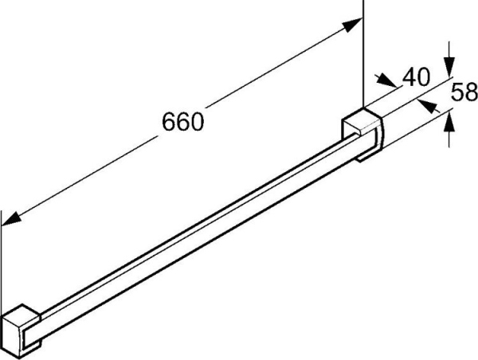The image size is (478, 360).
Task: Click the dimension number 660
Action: click(x=183, y=121)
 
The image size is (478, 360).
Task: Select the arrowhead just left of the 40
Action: click(x=389, y=81)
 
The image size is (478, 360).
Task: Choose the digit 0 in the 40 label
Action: click(x=424, y=77)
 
